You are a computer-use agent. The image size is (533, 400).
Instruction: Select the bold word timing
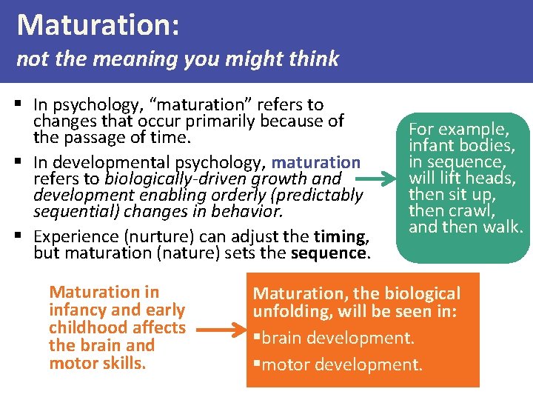pyautogui.click(x=341, y=236)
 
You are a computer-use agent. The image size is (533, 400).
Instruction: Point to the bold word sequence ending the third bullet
pyautogui.click(x=329, y=253)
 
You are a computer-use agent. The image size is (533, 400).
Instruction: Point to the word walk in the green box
pyautogui.click(x=503, y=227)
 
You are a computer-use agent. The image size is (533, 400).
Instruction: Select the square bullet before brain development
pyautogui.click(x=256, y=338)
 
